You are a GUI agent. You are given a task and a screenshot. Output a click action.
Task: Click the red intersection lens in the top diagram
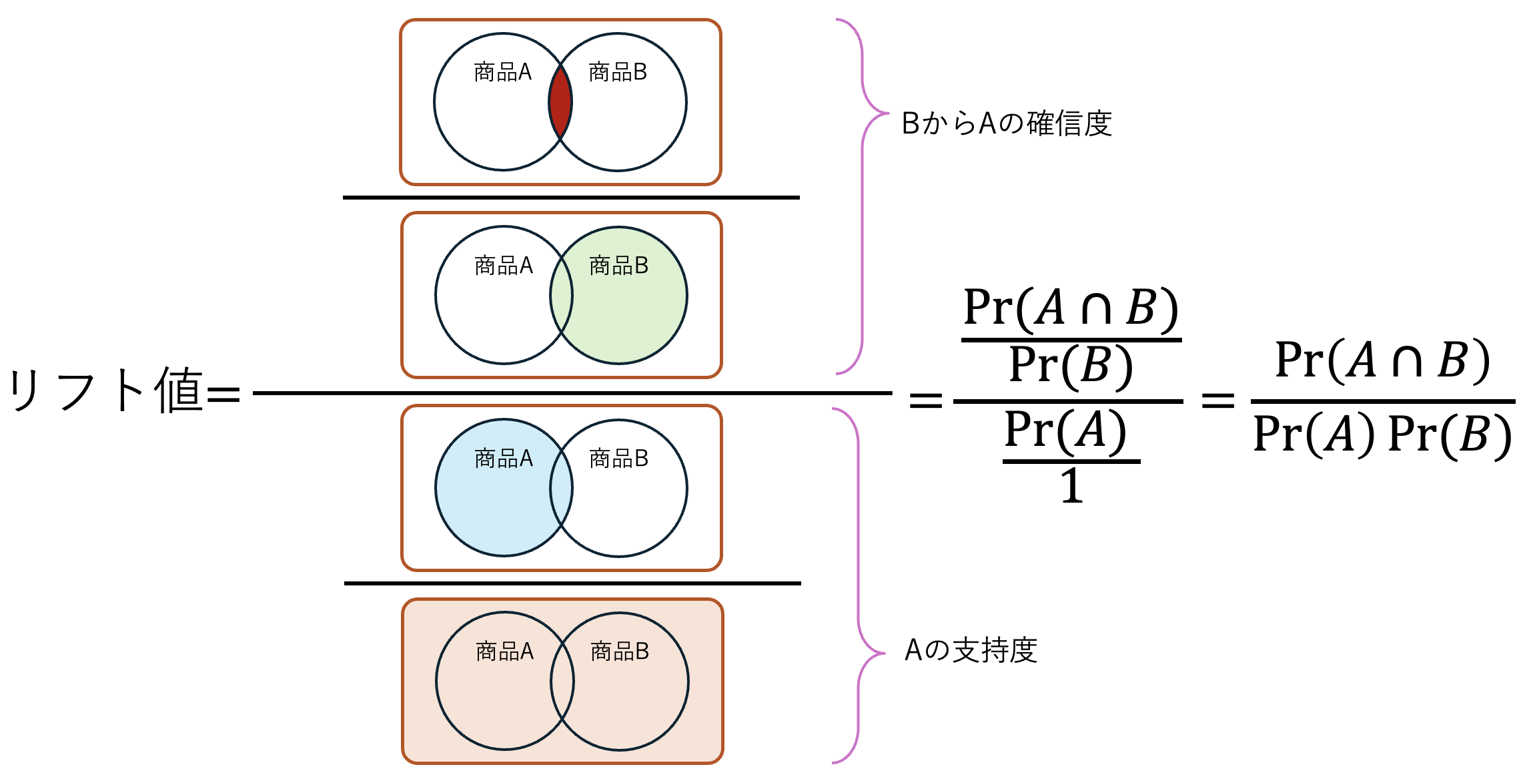pos(560,102)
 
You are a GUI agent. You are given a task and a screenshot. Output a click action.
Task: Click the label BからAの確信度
pos(1007,123)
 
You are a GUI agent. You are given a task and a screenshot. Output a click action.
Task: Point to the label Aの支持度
pos(971,650)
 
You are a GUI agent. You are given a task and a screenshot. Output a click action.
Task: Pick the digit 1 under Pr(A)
pos(1071,486)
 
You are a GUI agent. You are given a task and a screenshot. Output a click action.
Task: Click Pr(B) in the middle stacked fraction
pos(1071,366)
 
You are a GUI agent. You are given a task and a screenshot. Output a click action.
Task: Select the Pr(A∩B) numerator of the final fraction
pos(1382,360)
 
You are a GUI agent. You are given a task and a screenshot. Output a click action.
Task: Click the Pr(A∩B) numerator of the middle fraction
pos(1071,308)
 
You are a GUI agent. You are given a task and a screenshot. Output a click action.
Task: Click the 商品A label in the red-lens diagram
pos(503,72)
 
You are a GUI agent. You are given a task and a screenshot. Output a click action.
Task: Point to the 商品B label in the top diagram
pos(618,72)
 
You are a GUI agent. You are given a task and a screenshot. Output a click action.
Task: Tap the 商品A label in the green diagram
pos(504,266)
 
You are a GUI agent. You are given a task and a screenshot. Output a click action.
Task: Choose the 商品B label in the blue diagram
pos(619,459)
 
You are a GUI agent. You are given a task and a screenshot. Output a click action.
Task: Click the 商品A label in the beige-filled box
pos(505,652)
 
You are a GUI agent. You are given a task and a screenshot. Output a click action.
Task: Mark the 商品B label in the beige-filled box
pos(620,652)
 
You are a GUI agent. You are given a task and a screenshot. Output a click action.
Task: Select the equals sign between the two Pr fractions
pos(1218,401)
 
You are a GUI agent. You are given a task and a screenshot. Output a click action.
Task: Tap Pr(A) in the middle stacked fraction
pos(1065,431)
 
